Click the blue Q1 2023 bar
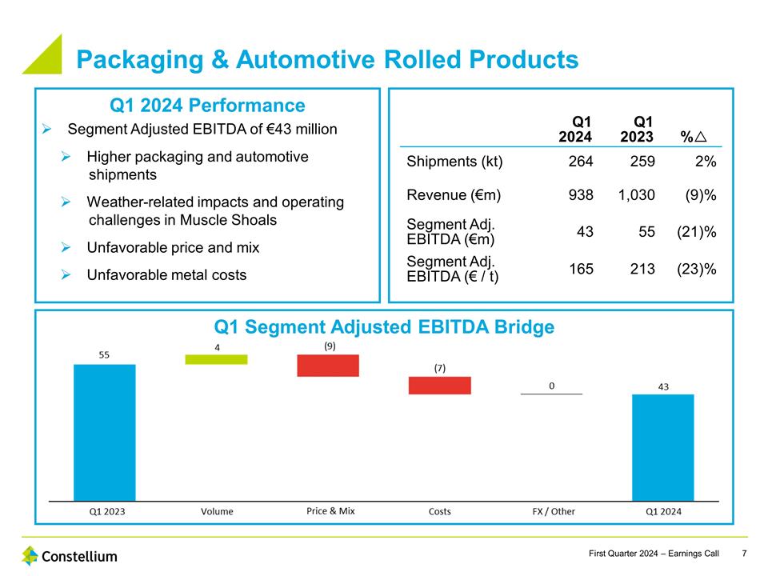coord(104,432)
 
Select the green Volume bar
coord(216,359)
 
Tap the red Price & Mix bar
coord(328,366)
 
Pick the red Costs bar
coord(439,386)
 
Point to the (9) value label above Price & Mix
coord(328,346)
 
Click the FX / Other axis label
coord(554,511)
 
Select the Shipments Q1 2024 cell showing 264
coord(581,162)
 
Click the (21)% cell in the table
coord(696,232)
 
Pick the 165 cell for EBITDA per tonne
coord(581,270)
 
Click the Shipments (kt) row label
coord(454,162)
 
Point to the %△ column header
coord(693,138)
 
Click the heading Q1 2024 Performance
coord(206,106)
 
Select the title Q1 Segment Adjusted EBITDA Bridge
coord(384,326)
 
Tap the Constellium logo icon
coord(30,555)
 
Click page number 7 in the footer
coord(745,554)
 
